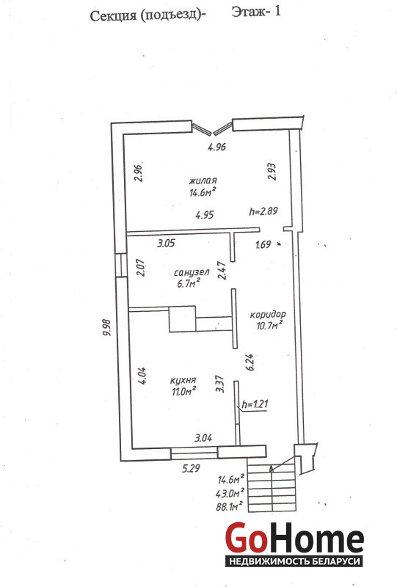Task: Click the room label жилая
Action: pyautogui.click(x=203, y=181)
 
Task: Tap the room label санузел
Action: pyautogui.click(x=192, y=272)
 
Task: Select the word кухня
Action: pyautogui.click(x=183, y=381)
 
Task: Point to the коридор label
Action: pyautogui.click(x=268, y=315)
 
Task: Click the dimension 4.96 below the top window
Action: pyautogui.click(x=217, y=147)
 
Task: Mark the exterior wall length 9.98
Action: pyautogui.click(x=106, y=327)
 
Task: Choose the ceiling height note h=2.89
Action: pyautogui.click(x=263, y=211)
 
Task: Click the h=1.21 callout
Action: pyautogui.click(x=255, y=404)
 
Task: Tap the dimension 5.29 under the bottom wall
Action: pyautogui.click(x=191, y=468)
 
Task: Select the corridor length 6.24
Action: pyautogui.click(x=250, y=362)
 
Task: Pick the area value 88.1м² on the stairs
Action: pyautogui.click(x=229, y=507)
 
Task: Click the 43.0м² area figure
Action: pyautogui.click(x=230, y=493)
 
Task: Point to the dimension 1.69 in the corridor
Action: pyautogui.click(x=263, y=245)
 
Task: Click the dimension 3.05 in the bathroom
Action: pyautogui.click(x=166, y=244)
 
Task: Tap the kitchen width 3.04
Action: pyautogui.click(x=203, y=437)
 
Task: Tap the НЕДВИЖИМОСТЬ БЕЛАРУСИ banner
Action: pyautogui.click(x=294, y=561)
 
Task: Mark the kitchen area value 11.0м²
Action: pyautogui.click(x=184, y=392)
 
